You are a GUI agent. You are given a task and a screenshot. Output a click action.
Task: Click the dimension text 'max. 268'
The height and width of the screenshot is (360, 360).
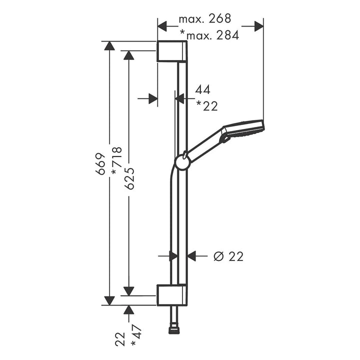204,19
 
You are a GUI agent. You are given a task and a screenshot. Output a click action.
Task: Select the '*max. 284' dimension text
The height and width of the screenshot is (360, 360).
209,35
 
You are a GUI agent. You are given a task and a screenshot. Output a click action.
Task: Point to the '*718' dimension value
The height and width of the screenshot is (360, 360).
116,161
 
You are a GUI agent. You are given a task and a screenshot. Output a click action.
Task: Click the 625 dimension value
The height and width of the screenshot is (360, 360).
129,178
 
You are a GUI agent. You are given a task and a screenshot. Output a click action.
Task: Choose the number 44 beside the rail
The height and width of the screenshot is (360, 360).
202,89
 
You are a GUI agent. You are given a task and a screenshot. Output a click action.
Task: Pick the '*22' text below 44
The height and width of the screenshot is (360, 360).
206,106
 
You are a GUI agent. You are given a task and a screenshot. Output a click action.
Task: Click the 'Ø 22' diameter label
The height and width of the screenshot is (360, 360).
228,256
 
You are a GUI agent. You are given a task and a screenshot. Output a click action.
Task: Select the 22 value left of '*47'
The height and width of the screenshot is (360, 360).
120,339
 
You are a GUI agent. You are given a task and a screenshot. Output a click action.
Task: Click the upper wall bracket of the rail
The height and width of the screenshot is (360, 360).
172,51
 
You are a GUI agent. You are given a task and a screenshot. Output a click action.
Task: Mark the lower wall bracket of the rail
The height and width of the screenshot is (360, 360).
172,295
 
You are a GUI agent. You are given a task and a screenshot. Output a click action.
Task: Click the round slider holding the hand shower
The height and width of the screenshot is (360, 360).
182,162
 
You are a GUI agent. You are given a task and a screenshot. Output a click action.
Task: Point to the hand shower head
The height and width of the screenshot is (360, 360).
243,131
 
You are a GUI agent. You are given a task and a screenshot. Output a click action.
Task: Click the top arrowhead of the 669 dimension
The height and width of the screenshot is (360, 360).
109,46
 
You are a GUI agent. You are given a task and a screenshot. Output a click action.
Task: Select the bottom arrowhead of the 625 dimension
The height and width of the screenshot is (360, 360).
129,291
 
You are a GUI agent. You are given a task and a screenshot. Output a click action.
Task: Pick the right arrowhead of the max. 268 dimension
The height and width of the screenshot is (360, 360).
259,26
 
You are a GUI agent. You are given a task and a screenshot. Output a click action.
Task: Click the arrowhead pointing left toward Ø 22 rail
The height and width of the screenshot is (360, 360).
191,256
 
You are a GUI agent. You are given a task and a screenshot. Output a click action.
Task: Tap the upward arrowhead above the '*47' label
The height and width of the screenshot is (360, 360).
129,310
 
